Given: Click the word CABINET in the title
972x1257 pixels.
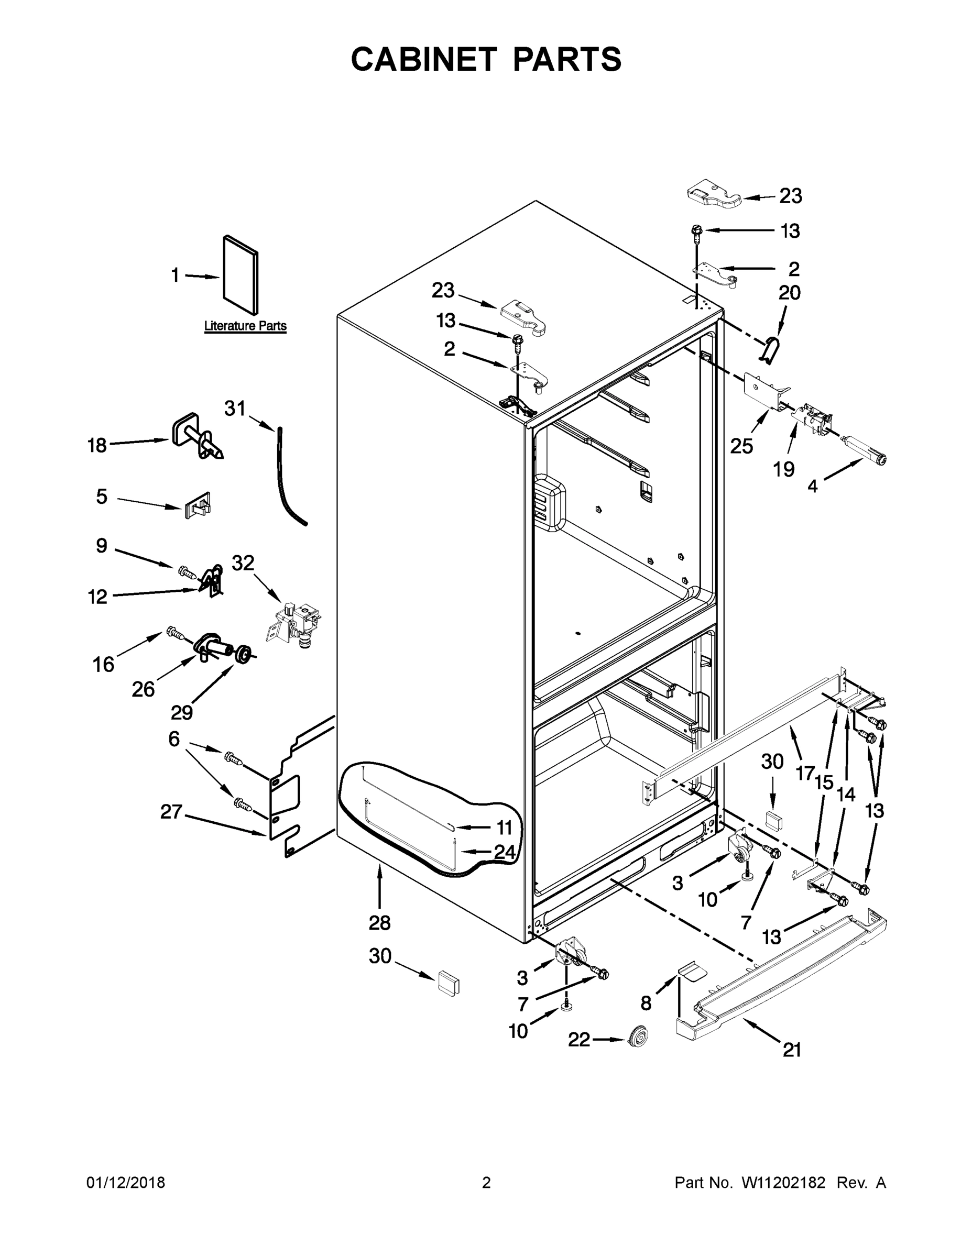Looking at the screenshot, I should click(424, 59).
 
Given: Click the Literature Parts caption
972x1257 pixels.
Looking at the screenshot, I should click(245, 326).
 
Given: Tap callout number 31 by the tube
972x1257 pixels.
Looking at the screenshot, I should click(234, 409).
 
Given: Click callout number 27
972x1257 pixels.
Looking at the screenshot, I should click(171, 812).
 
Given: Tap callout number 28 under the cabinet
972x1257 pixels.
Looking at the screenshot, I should click(379, 923).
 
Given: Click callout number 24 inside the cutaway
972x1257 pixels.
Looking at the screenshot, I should click(505, 852).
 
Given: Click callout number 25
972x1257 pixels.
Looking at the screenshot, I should click(741, 446).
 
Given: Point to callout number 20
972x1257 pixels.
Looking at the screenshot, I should click(790, 292).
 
